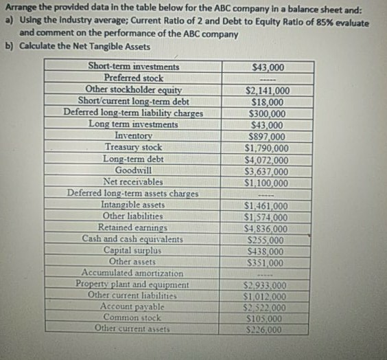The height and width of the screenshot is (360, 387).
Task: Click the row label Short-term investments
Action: pos(134,67)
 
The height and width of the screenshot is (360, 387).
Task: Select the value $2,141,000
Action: pos(267,90)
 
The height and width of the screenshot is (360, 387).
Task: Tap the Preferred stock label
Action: pos(134,78)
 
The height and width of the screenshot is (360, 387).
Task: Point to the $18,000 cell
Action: pos(267,101)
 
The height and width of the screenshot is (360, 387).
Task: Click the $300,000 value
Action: pos(267,113)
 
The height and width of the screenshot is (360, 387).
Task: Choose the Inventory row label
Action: pos(134,136)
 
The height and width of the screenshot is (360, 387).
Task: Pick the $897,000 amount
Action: pos(267,136)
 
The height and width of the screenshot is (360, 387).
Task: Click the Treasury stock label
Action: pos(134,147)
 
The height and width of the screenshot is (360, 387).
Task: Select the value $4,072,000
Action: pos(267,159)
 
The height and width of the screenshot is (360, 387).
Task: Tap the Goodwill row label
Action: pos(134,170)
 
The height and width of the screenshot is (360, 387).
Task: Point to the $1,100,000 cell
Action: pos(267,183)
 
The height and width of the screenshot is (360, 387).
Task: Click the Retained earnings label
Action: pos(133,227)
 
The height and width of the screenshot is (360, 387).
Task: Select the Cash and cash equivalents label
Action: pos(132,238)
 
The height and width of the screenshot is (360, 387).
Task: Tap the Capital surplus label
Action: pos(132,249)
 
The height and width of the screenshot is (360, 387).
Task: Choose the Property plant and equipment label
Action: pos(132,284)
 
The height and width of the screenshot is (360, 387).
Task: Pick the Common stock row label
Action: pos(132,317)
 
